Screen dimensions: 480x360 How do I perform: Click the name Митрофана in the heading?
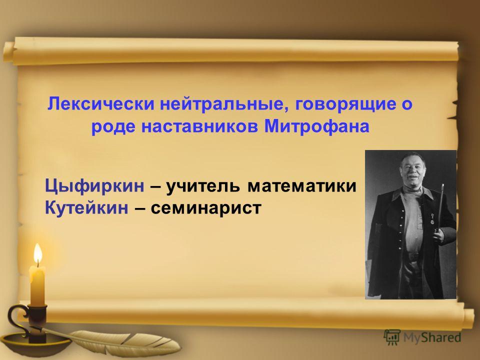click(317, 126)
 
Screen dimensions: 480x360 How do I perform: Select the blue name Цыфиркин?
click(94, 186)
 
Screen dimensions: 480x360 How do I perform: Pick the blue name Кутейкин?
click(86, 207)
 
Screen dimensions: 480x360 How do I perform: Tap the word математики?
click(302, 186)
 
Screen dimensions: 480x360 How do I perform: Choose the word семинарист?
click(206, 208)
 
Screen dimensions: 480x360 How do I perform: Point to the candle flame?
click(37, 253)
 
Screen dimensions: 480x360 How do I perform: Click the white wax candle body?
click(37, 285)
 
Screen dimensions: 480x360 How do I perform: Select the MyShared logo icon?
click(392, 337)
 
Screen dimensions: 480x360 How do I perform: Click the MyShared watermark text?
click(432, 337)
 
